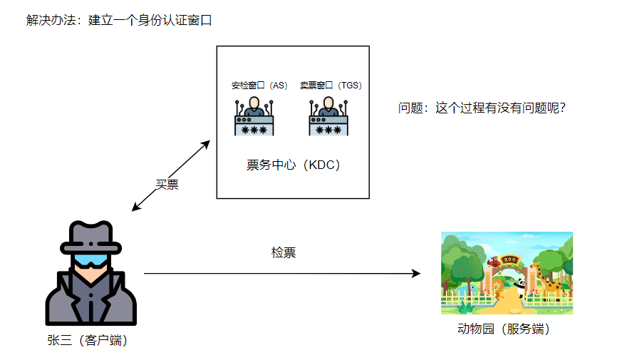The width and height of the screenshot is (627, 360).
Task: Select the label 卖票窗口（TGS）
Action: [331, 86]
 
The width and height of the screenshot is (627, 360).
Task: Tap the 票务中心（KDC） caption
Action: [294, 165]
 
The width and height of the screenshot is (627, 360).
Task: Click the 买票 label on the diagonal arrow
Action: [167, 185]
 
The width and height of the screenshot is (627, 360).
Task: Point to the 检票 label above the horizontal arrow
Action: [284, 252]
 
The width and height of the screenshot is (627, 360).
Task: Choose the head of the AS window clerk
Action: [254, 101]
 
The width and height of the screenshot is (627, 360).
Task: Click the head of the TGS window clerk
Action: [328, 101]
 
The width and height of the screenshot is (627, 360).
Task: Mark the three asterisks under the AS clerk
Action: [254, 130]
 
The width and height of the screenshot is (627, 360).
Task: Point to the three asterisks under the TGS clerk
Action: [328, 130]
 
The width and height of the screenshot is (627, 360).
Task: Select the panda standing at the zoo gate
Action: [521, 288]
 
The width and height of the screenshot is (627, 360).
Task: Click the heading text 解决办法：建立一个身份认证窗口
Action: [120, 21]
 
